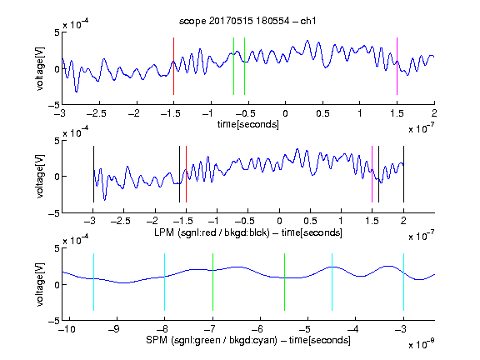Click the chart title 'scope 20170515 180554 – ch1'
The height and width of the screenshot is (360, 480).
(x=247, y=21)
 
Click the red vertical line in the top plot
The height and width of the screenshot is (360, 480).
(x=173, y=66)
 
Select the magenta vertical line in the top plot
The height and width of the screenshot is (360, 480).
(x=397, y=66)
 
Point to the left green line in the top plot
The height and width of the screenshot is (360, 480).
(x=233, y=66)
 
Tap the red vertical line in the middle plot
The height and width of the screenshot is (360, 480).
(x=186, y=174)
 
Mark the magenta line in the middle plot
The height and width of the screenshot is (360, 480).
(x=372, y=174)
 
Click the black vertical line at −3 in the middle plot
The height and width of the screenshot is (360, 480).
(x=93, y=174)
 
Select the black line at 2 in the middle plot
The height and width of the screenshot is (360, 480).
(x=403, y=174)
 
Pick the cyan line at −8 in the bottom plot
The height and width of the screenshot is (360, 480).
(x=164, y=282)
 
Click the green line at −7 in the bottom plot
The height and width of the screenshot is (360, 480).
(x=212, y=282)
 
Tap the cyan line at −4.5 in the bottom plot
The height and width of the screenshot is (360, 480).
(x=332, y=282)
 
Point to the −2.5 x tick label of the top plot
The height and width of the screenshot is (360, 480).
(x=97, y=113)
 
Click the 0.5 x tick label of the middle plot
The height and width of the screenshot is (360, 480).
(x=310, y=221)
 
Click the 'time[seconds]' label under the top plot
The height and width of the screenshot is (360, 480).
(x=248, y=124)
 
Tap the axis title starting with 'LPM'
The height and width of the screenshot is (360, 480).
(x=248, y=232)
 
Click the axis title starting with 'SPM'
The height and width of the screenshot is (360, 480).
(x=248, y=340)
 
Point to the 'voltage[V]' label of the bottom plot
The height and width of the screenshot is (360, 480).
(x=40, y=284)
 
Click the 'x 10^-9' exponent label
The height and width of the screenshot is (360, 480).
(x=421, y=344)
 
